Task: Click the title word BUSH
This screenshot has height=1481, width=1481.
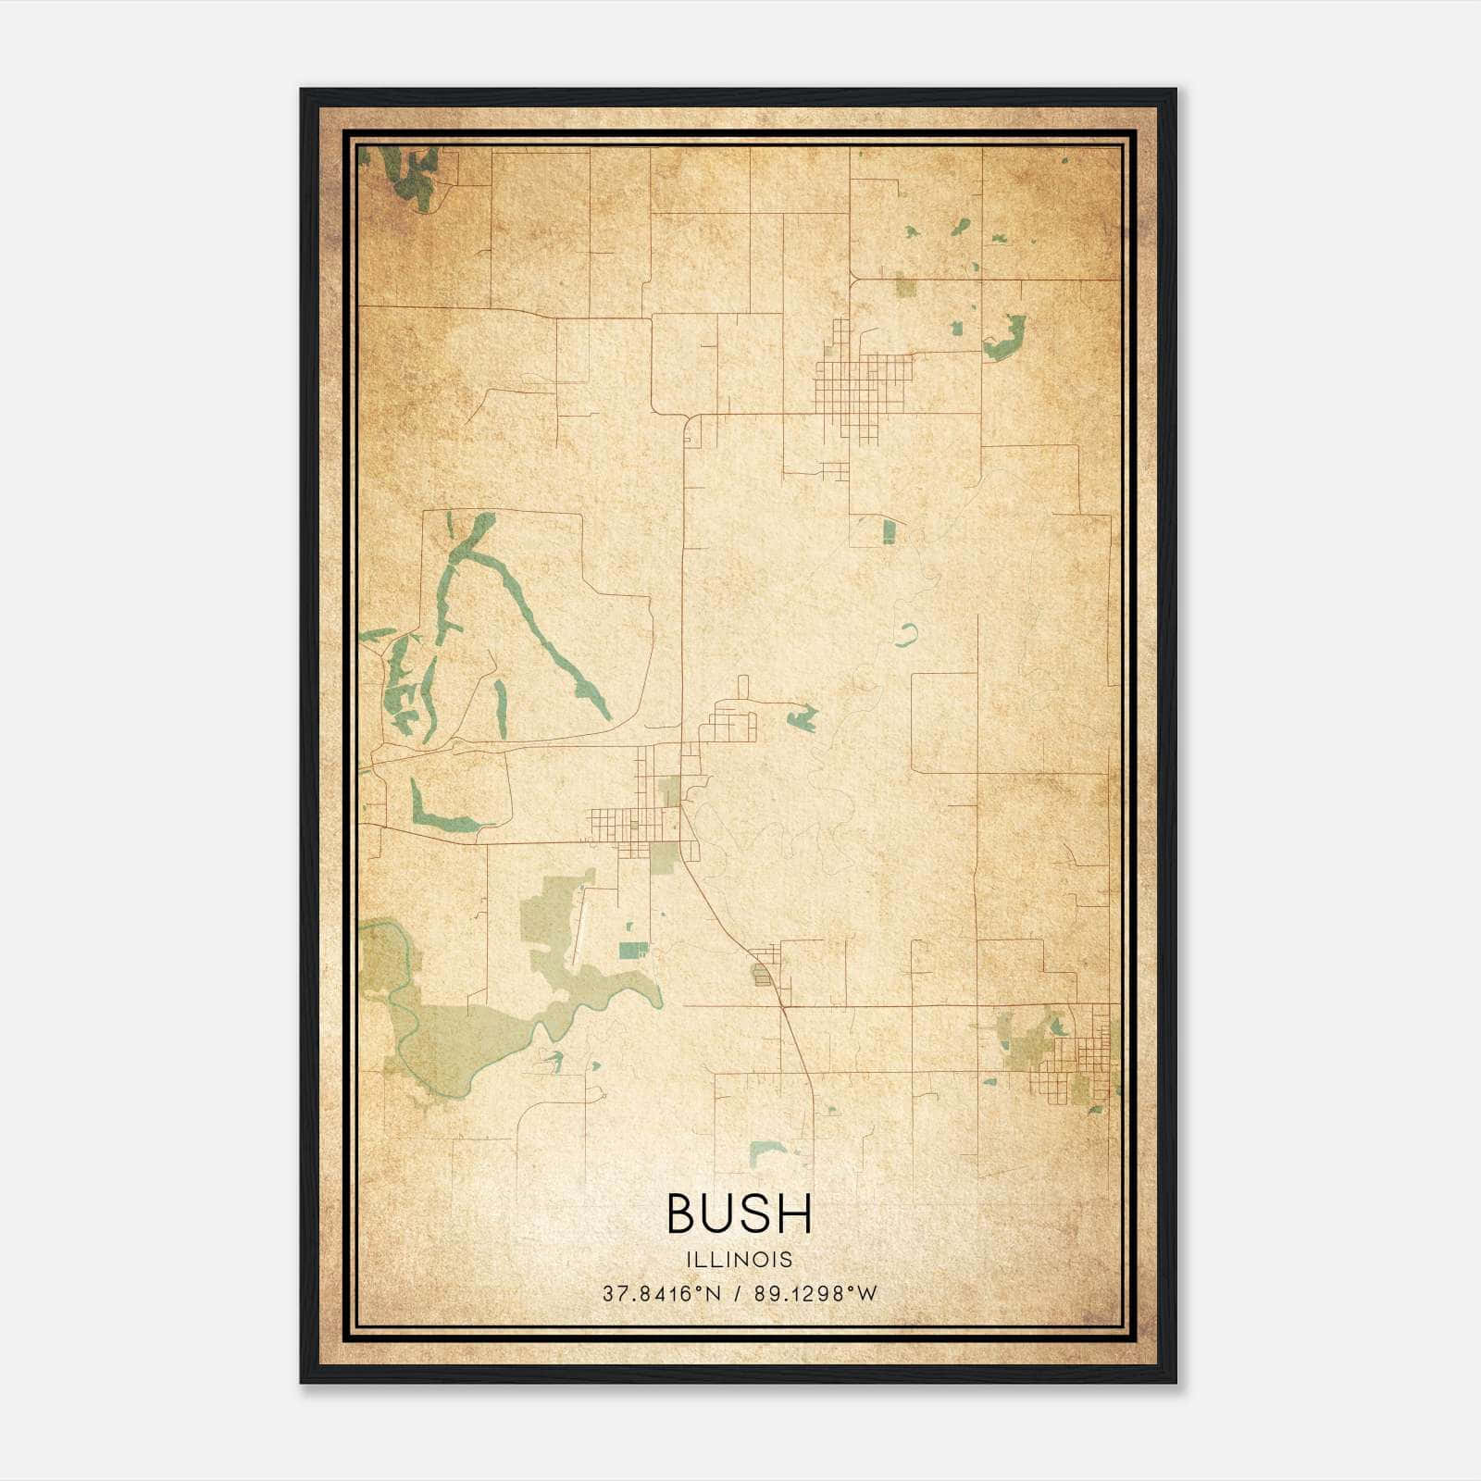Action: click(739, 1213)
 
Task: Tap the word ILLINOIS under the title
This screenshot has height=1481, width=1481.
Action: click(740, 1260)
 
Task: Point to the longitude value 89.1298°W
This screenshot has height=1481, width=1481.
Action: click(815, 1294)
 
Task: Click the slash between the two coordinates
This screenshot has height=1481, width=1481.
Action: click(738, 1294)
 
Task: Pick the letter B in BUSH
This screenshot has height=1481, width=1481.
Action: click(683, 1213)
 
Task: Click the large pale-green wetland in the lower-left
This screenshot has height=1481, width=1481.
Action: click(454, 1037)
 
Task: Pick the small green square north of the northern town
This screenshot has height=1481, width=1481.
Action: click(905, 288)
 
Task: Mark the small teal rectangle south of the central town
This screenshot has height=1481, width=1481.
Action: click(634, 950)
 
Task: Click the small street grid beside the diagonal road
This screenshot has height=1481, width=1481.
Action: click(765, 967)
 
